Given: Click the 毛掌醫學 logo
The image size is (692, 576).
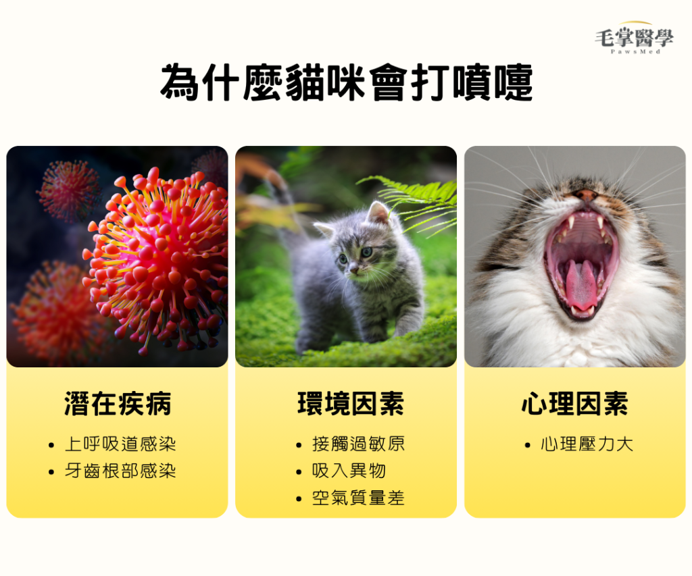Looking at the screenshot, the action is coord(634,38).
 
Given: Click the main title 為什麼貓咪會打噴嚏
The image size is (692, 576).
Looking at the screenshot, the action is coord(347,83).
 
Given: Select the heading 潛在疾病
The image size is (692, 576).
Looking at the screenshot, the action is coord(118,404).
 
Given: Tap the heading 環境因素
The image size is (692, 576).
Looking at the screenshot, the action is coord(351,404).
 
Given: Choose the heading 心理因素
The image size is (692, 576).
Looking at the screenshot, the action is coord(574,404).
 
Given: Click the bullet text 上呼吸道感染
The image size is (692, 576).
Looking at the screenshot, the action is coord(120,444).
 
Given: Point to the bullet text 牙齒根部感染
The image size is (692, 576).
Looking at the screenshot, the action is coord(120,471).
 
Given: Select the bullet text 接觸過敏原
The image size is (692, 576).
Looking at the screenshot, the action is coord(358,444).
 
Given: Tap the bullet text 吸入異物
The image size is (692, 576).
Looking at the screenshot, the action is coord(349,471).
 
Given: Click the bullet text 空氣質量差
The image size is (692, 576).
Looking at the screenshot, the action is coord(358,498).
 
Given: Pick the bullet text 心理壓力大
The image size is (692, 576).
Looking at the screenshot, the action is coord(587,444).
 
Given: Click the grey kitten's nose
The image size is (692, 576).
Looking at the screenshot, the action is coord(353,268).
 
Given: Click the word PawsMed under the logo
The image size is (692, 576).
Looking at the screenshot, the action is coord(635,51).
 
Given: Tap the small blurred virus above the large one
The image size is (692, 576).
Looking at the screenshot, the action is coord(68,190).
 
